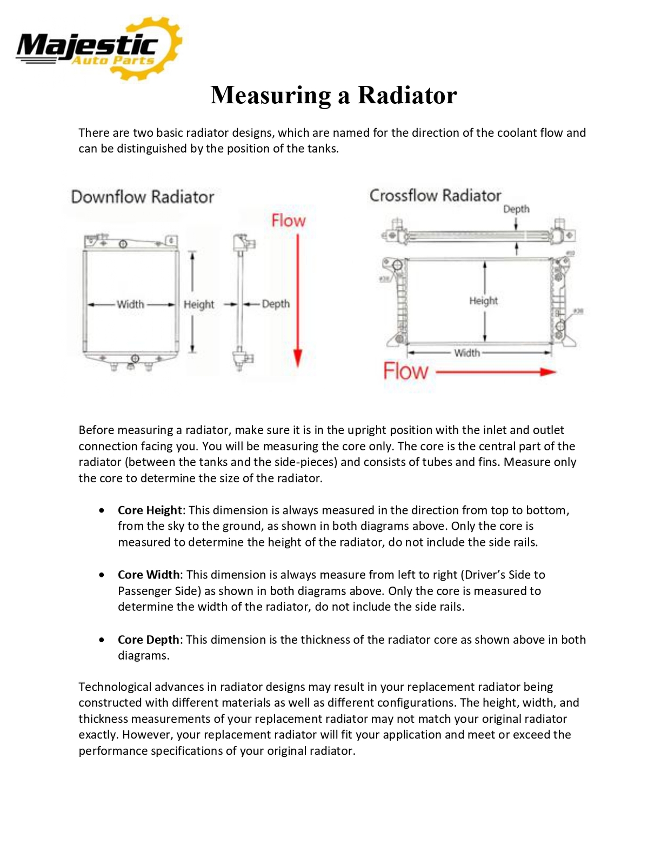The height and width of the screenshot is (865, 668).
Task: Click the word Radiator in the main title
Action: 407,95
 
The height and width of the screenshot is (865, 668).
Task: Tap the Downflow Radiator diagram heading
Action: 143,197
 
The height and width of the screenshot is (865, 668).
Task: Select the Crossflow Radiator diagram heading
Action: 435,195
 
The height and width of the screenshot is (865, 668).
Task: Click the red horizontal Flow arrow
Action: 495,372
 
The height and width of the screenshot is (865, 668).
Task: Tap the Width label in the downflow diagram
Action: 131,304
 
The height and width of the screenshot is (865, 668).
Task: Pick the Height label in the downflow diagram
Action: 199,304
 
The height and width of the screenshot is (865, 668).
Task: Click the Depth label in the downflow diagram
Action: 276,304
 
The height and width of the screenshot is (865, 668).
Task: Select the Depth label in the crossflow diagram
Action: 516,209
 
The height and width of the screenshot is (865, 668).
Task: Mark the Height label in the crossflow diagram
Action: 483,301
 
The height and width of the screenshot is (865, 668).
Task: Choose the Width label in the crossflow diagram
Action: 467,353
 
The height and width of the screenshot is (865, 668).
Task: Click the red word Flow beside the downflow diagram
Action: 288,221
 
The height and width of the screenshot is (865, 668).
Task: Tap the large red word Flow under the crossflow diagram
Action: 405,371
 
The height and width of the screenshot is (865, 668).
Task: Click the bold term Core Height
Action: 150,510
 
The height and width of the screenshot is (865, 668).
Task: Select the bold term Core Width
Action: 149,575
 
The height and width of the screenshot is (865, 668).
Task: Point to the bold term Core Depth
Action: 148,640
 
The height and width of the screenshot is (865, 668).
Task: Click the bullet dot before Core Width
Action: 102,575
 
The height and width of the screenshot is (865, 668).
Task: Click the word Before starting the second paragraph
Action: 96,430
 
